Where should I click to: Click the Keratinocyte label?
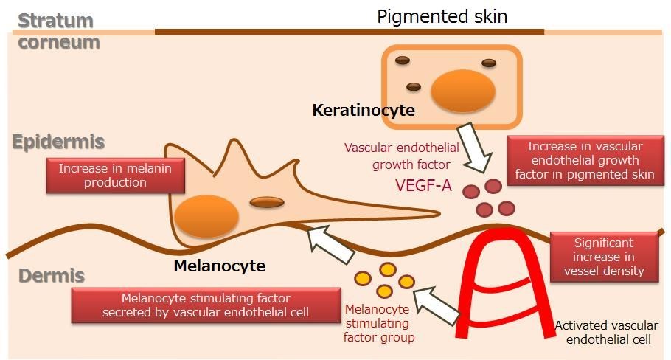point(364,110)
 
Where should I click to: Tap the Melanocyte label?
point(219,266)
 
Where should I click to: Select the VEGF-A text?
point(423,185)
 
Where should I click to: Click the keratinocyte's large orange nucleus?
point(463,91)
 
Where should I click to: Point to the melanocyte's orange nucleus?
point(206,216)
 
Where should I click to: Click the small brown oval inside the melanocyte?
point(267,202)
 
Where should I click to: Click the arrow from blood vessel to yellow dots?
point(437,306)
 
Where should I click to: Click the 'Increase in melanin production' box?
point(116,176)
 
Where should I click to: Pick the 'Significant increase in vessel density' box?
point(604,257)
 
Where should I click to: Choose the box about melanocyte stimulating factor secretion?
point(206,305)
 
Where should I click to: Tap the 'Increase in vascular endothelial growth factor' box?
point(585,161)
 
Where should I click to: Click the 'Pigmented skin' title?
point(442,17)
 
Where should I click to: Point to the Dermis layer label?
point(52,276)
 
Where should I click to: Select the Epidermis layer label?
point(58,142)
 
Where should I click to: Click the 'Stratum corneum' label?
point(59,32)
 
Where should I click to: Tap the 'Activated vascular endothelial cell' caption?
point(607,333)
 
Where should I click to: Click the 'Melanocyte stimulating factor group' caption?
point(379,323)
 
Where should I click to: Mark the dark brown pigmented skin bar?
point(350,32)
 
